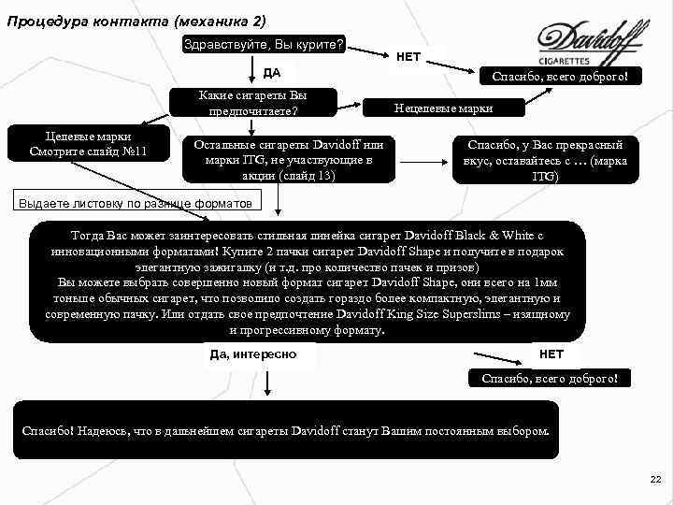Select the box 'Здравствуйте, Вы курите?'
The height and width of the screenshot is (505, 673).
click(265, 44)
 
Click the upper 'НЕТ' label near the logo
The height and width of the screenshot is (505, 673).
click(408, 57)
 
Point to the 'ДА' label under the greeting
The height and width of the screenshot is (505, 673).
click(272, 73)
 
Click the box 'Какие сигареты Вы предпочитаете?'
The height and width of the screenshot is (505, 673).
click(253, 103)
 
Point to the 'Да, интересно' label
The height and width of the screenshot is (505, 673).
click(254, 354)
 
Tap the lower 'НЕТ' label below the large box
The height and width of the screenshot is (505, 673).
click(551, 354)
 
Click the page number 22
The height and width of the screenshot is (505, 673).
click(654, 479)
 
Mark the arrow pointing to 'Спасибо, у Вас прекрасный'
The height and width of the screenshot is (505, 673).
click(426, 159)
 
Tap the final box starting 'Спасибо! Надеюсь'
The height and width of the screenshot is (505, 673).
click(286, 430)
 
